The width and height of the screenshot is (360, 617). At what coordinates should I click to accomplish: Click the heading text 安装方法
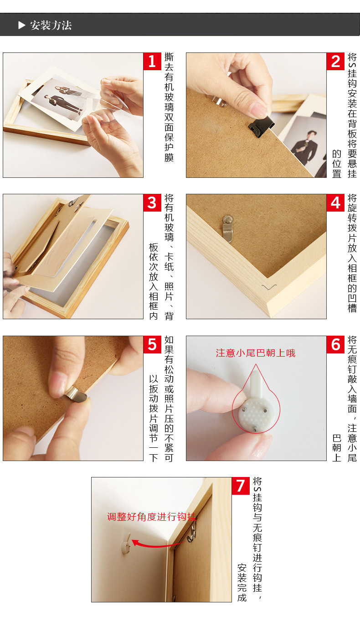[x=51, y=25]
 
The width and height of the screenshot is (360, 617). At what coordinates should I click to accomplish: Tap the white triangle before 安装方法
[x=21, y=25]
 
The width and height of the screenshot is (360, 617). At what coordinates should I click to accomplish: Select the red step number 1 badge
[x=152, y=61]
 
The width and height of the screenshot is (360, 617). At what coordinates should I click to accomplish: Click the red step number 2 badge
[x=335, y=61]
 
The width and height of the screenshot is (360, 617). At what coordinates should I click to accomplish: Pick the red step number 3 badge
[x=152, y=202]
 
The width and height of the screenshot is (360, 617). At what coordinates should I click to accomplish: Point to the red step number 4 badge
[x=335, y=202]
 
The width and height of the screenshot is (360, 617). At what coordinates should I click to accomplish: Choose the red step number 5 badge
[x=152, y=344]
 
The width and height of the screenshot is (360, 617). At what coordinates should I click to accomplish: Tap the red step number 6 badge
[x=335, y=344]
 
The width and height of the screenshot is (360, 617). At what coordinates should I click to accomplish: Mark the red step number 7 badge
[x=241, y=486]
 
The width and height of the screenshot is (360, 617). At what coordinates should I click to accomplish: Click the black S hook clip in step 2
[x=260, y=124]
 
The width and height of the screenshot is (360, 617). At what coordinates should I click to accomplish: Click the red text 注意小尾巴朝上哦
[x=256, y=353]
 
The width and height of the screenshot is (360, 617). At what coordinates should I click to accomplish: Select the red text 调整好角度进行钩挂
[x=151, y=517]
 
